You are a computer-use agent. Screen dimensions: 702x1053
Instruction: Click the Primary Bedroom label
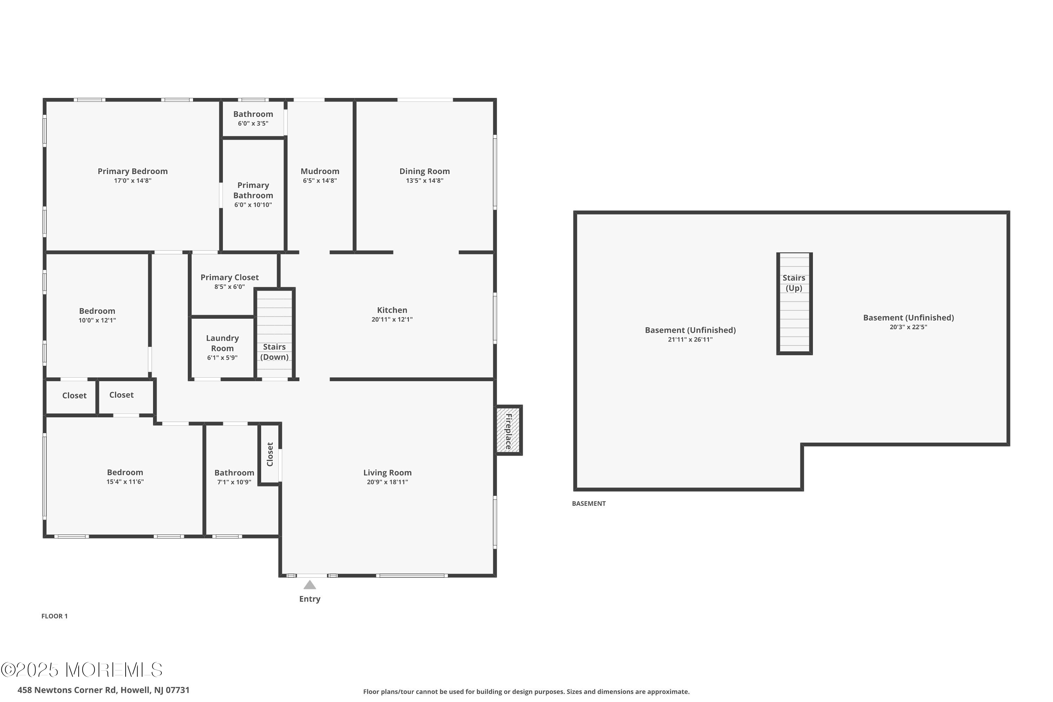[133, 171]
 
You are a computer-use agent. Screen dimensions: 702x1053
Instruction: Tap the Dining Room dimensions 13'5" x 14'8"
[424, 181]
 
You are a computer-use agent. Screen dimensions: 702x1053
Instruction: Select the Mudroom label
[320, 171]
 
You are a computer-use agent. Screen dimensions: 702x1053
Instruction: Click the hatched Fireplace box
[508, 430]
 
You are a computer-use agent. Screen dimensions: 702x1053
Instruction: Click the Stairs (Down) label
[274, 352]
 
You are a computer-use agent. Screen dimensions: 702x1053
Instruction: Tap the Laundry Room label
[222, 343]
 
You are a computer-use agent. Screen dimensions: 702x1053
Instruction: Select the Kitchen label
[392, 310]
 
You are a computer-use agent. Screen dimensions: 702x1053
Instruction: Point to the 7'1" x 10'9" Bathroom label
[234, 473]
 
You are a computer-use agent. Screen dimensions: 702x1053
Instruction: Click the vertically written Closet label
[270, 454]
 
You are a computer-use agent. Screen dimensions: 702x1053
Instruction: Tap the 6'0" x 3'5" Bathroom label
[253, 114]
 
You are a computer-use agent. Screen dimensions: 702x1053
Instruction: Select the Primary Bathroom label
[253, 190]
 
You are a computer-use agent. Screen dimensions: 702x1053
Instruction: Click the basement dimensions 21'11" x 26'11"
[690, 340]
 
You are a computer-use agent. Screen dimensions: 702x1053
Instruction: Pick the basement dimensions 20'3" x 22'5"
[908, 327]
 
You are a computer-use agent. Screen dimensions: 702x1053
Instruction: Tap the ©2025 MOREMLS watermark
[81, 670]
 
